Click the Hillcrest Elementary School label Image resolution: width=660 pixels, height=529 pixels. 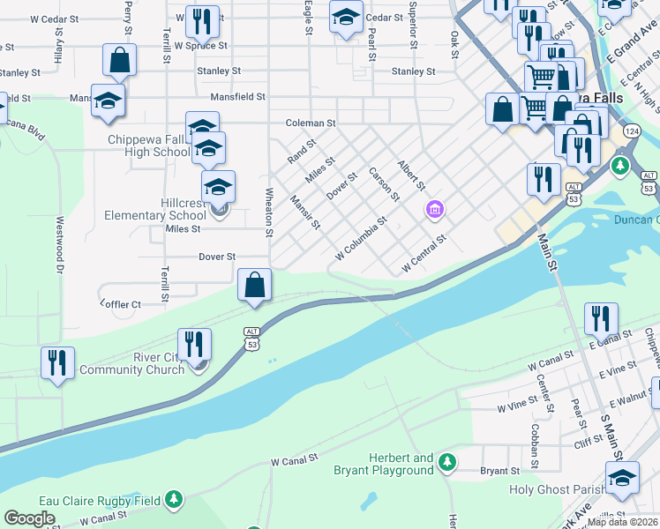[155, 209]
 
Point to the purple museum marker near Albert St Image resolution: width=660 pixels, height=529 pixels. [434, 210]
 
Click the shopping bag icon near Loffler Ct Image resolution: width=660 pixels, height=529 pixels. [254, 286]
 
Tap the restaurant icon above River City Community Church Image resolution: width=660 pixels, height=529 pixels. [194, 345]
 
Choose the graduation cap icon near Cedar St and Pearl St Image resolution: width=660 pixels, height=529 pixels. [346, 16]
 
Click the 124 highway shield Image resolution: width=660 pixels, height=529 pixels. [631, 130]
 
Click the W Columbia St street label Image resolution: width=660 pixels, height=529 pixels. [361, 239]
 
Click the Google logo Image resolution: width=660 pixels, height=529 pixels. [29, 518]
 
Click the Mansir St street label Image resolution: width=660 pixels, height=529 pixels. [304, 212]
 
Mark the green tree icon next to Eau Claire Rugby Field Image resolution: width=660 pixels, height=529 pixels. [175, 501]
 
